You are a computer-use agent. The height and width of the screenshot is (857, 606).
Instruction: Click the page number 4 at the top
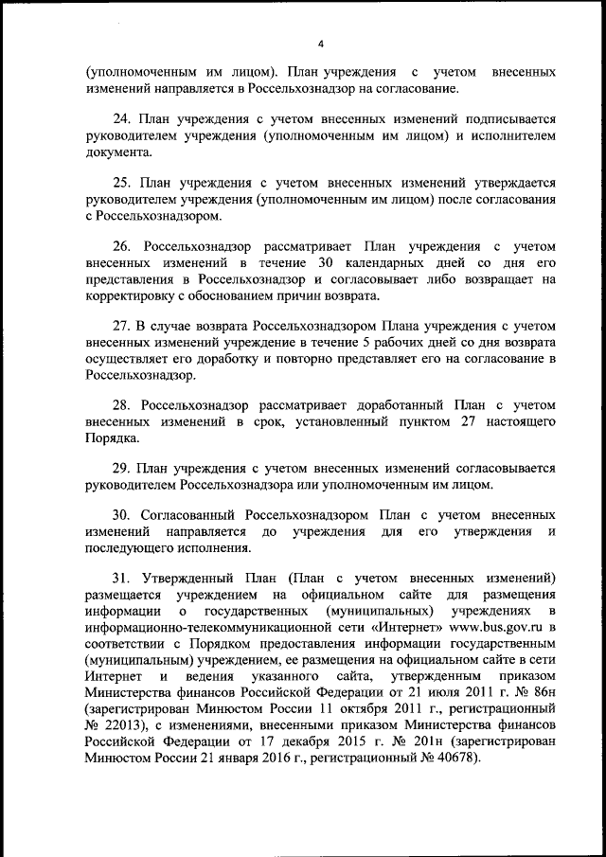click(x=320, y=44)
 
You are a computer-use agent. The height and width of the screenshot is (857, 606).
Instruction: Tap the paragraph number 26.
click(x=124, y=246)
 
